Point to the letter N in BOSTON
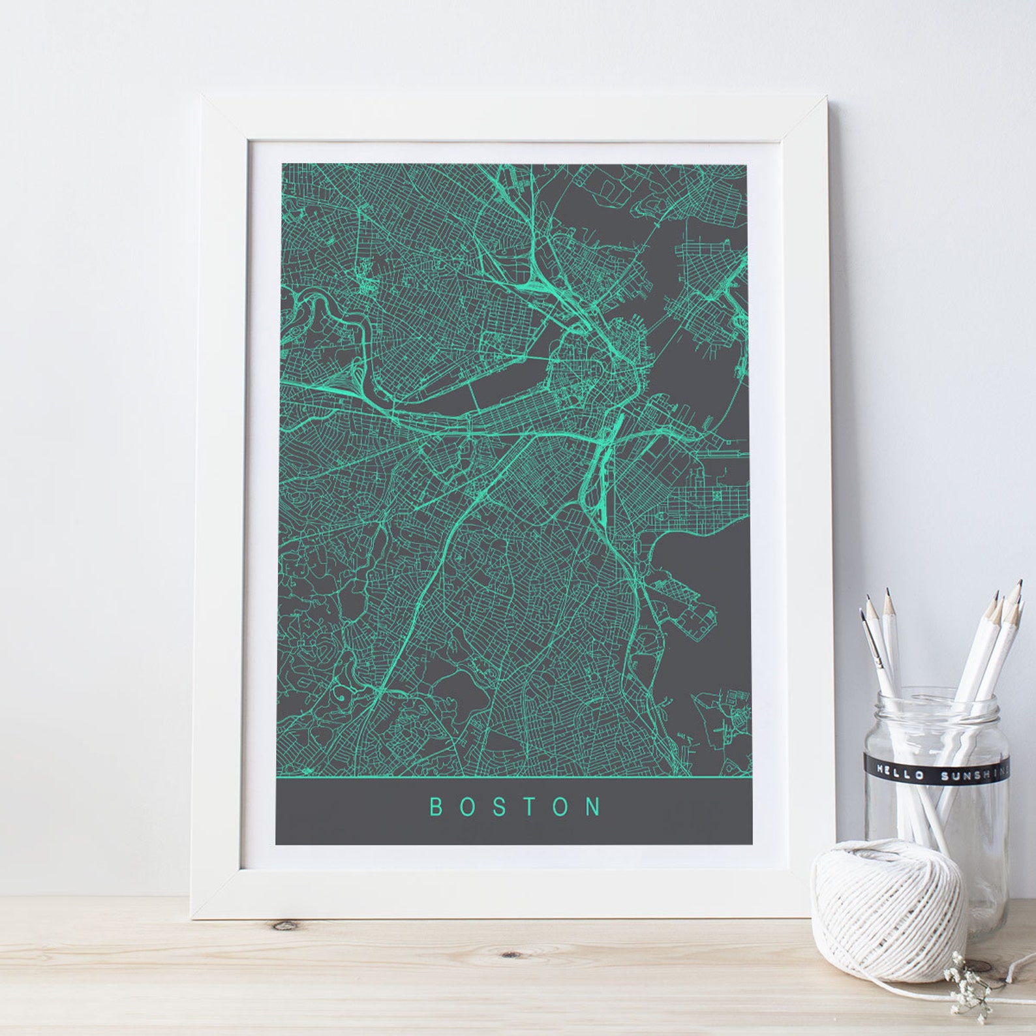(594, 807)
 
